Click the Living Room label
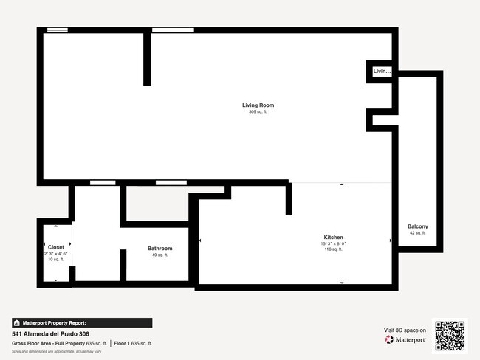click(x=258, y=105)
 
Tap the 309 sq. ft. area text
click(x=258, y=112)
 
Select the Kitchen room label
click(x=333, y=238)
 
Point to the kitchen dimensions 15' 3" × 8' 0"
click(x=333, y=244)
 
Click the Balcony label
click(x=417, y=226)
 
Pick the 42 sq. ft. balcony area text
click(x=417, y=233)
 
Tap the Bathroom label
click(x=160, y=249)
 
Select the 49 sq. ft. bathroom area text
click(x=160, y=255)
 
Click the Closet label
click(x=56, y=248)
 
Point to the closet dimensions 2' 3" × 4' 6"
click(x=56, y=254)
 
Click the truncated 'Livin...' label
click(x=382, y=72)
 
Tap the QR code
click(x=450, y=336)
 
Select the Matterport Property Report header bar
click(x=82, y=323)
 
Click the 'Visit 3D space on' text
click(x=405, y=330)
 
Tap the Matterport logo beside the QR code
click(x=405, y=340)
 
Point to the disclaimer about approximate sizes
click(x=56, y=352)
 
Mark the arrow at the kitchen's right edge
click(x=391, y=240)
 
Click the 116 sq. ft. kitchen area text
click(x=333, y=250)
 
